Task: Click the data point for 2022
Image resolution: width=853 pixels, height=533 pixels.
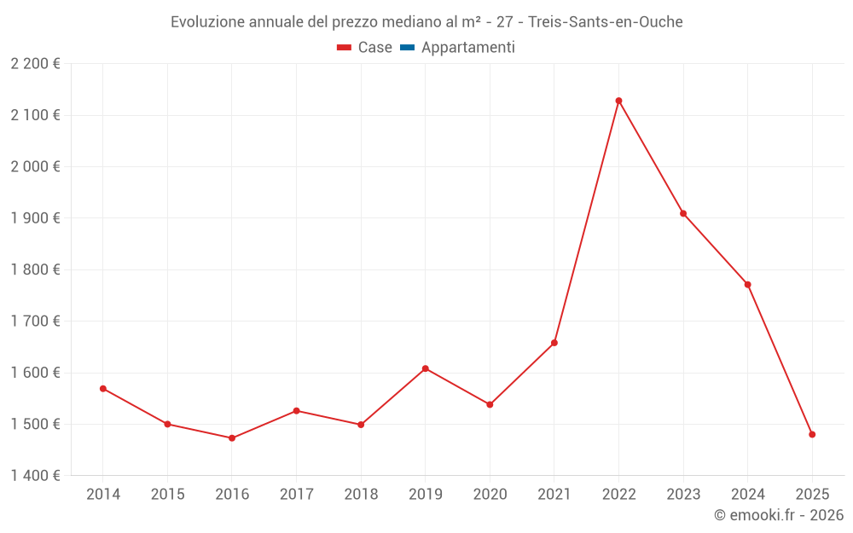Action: (618, 101)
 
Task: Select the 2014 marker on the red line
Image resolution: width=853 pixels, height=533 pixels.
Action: (103, 389)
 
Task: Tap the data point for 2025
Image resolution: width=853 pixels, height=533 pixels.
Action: (812, 435)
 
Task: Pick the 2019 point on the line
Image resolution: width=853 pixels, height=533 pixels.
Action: (426, 368)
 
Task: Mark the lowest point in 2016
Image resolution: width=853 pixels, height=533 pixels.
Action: (232, 438)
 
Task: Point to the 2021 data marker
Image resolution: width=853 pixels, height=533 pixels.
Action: (554, 343)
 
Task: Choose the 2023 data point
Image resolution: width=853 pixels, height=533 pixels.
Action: (683, 213)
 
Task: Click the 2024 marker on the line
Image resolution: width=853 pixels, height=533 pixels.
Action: (748, 284)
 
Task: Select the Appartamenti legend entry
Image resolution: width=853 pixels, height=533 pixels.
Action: (467, 48)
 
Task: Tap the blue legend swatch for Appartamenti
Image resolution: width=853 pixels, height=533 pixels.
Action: (407, 48)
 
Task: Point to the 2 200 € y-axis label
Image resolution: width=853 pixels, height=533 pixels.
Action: (35, 64)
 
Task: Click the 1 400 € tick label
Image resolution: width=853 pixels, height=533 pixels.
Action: (35, 476)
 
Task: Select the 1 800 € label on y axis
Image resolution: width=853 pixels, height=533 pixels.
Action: (35, 269)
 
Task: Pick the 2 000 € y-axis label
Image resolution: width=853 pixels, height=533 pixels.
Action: (35, 166)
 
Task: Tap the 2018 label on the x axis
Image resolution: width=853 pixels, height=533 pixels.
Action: (361, 495)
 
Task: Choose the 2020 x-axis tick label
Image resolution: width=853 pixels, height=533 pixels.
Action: (490, 495)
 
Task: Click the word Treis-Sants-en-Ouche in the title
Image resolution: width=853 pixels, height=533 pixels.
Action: (606, 22)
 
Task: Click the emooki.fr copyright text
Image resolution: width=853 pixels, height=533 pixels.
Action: (778, 515)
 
